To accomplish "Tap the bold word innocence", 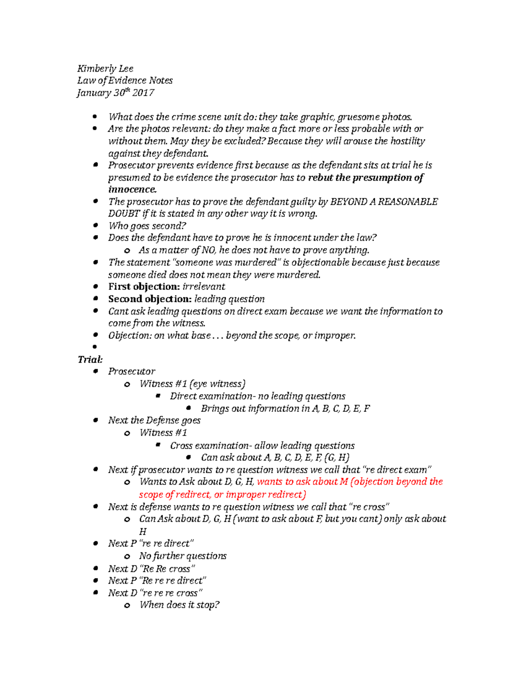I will coord(132,189).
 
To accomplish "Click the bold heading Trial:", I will coord(90,360).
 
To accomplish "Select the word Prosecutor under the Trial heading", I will coord(131,371).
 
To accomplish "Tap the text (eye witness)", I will coord(217,384).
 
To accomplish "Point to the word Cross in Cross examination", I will coord(181,446).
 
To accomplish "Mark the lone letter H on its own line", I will coord(142,532).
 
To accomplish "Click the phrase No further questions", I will coord(183,556).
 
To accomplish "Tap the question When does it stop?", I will coord(179,605).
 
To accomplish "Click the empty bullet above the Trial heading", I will coord(95,347).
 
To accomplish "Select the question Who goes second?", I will coord(147,226).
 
